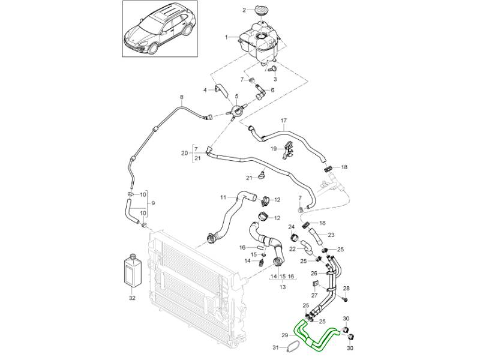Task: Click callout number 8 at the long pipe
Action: (181, 97)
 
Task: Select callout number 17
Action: (283, 120)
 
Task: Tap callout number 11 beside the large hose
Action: (223, 197)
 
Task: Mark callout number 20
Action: (185, 153)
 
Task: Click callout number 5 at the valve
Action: (236, 97)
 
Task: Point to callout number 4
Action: (205, 90)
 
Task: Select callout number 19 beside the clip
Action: (272, 148)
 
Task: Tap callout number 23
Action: (331, 235)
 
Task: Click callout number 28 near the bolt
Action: (346, 289)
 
